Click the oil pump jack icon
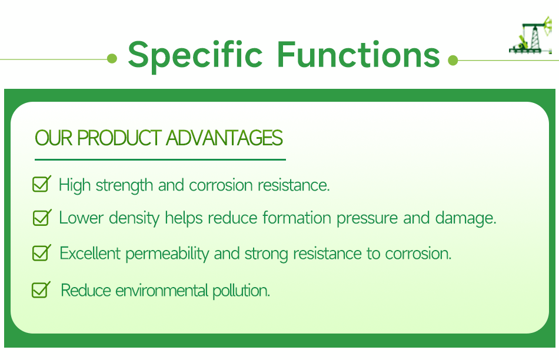[531, 35]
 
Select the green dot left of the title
[112, 58]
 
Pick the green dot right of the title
[452, 60]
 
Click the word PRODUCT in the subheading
[119, 138]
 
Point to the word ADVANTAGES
[224, 138]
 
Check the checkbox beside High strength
[41, 184]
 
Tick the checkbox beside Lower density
[42, 218]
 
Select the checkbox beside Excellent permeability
[41, 253]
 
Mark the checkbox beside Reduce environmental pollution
[41, 289]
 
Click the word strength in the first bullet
[124, 186]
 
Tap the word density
[134, 218]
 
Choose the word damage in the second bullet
[465, 218]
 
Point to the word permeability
[167, 254]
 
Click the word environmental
[162, 291]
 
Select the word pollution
[241, 291]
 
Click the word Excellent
[90, 254]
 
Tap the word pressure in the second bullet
[367, 219]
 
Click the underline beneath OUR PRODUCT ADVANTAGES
[160, 159]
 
